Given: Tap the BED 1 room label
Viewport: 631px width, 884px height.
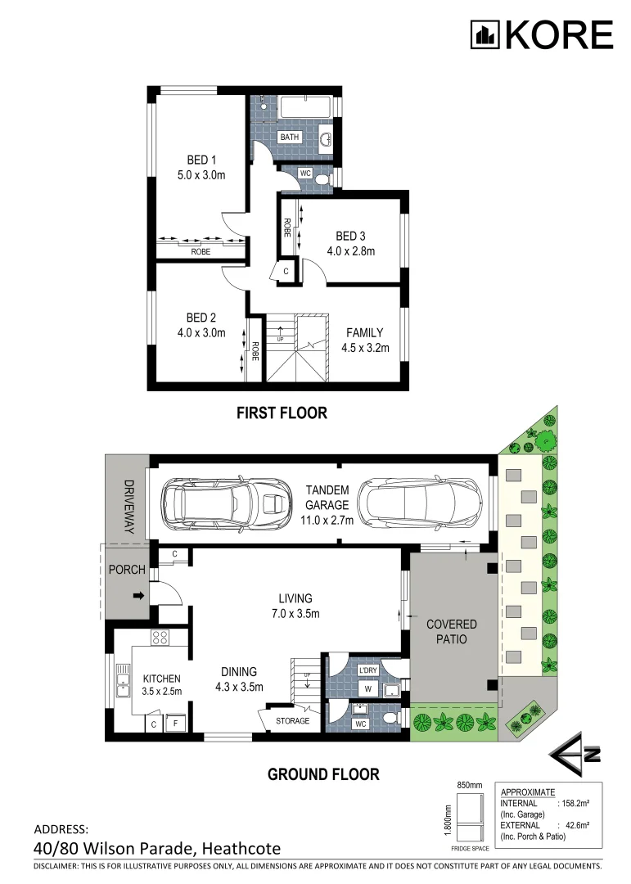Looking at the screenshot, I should tap(196, 160).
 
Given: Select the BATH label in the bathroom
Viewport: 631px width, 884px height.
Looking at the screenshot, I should tap(290, 137).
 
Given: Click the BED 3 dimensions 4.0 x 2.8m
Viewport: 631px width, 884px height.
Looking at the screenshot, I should tap(351, 251).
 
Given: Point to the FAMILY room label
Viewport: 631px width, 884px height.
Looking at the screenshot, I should tap(365, 332).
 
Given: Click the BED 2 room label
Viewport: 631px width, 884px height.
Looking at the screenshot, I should tap(201, 318).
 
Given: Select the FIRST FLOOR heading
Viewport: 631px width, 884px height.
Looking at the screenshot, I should tap(282, 413).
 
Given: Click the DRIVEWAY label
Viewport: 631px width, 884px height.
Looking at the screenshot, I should tap(128, 508).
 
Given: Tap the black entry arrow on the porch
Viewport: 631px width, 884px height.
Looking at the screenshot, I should tap(137, 596).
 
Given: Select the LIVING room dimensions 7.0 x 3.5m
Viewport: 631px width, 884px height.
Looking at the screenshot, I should tap(295, 614).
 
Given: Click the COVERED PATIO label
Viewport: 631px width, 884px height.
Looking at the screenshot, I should tap(451, 631).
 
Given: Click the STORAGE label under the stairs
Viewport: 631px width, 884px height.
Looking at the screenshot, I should tap(292, 721).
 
